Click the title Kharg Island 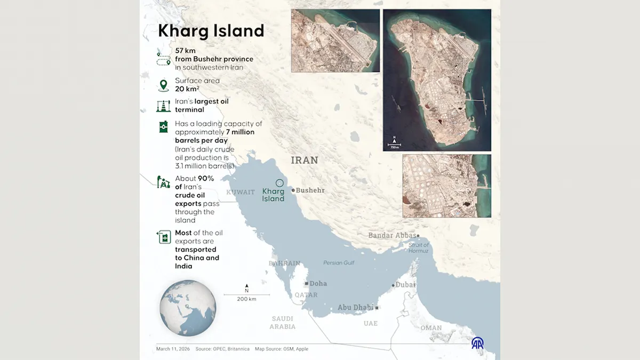tap(211, 31)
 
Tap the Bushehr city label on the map tap(310, 190)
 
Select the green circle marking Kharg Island tap(279, 182)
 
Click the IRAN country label tap(305, 160)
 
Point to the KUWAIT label tap(241, 192)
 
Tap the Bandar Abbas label tap(392, 235)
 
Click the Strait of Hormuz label tap(419, 248)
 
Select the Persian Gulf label tap(339, 262)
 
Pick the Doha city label tap(318, 284)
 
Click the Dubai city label tap(405, 285)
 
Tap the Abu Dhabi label tap(356, 308)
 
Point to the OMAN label tap(431, 328)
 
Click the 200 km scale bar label tap(246, 299)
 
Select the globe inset tap(188, 308)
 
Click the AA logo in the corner tap(478, 343)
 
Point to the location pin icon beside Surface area tap(163, 85)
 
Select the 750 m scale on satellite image tap(394, 147)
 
